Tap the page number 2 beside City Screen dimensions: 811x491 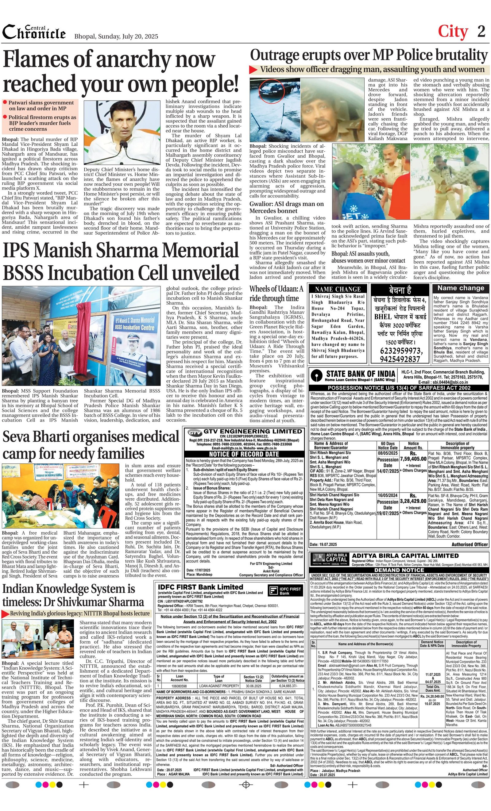tap(481, 31)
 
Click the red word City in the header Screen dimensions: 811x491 tap(453, 32)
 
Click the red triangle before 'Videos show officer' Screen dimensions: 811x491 tap(253, 69)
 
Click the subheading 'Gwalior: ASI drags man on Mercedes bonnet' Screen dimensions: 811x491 tap(286, 207)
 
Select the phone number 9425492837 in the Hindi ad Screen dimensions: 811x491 tap(400, 359)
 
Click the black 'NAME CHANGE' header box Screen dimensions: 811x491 tap(338, 289)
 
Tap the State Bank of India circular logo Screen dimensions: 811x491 tap(317, 375)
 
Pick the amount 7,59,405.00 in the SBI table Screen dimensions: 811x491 tap(413, 459)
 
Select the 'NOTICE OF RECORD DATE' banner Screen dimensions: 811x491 tap(244, 454)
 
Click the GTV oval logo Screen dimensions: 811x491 tap(195, 432)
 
